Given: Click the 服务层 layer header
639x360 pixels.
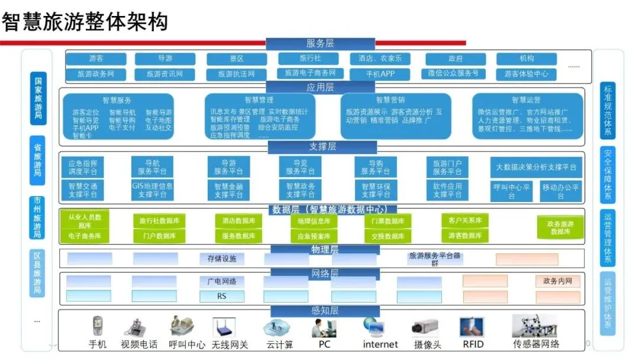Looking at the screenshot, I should [320, 43].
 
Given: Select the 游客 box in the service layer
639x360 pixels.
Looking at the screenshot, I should [96, 59].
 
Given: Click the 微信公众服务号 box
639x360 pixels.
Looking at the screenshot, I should [453, 73].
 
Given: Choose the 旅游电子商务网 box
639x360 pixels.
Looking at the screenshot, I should [310, 73].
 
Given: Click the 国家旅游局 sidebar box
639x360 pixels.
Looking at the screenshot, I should [37, 98].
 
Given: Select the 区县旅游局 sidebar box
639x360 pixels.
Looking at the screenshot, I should [37, 273].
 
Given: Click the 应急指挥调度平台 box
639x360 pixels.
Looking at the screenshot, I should [83, 167].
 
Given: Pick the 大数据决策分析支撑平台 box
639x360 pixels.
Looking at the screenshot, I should [536, 168].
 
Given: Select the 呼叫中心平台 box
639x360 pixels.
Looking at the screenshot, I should [512, 191].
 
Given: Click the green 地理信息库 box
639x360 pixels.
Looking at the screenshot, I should [314, 221].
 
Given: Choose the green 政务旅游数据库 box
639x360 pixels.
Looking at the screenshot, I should [560, 228].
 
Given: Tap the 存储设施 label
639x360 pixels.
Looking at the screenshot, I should [222, 259].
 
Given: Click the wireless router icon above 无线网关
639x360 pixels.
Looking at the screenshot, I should [224, 327].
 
